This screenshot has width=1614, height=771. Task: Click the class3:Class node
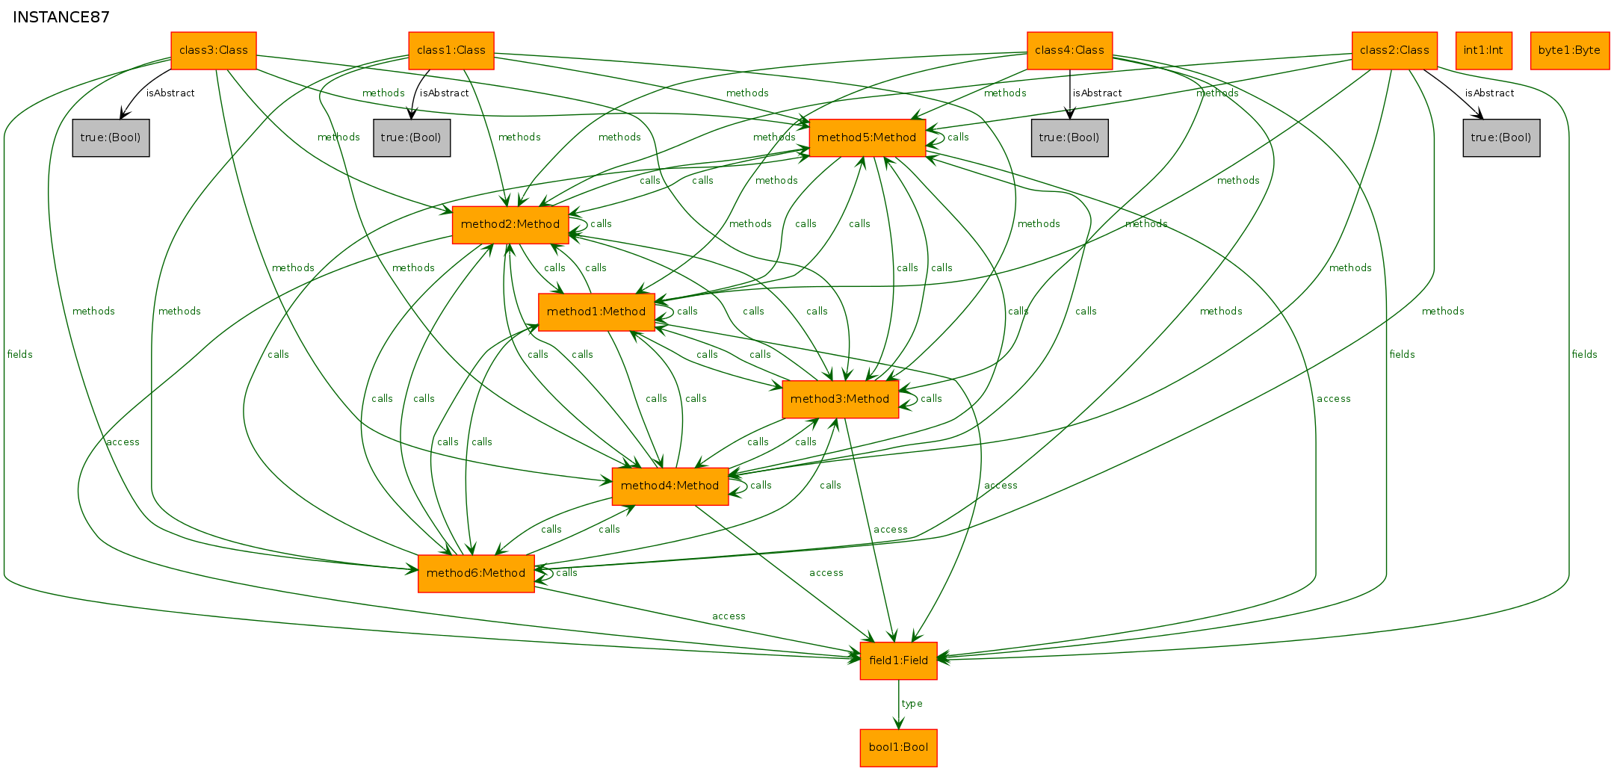pos(214,51)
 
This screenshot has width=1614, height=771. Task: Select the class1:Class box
pos(451,51)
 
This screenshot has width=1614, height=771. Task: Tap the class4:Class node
pos(1070,51)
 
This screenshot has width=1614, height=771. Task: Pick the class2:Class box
pos(1394,51)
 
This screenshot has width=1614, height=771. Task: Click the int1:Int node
pos(1484,51)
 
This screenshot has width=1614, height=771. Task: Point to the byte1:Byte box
pos(1570,51)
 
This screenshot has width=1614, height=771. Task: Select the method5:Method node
pos(867,138)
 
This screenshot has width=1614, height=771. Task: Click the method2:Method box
pos(510,225)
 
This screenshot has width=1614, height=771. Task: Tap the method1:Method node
pos(596,312)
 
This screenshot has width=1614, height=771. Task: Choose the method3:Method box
pos(840,400)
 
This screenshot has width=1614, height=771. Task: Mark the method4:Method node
pos(670,486)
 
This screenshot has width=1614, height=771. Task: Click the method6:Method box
pos(476,574)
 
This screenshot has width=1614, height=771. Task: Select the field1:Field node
pos(899,661)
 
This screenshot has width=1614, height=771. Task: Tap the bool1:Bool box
pos(899,748)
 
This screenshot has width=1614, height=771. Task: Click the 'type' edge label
pos(912,704)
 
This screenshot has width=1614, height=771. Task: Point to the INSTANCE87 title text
pos(61,17)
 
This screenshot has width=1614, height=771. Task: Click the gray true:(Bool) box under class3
pos(111,138)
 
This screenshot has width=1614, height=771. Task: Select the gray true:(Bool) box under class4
pos(1070,138)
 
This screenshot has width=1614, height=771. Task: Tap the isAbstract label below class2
pos(1489,93)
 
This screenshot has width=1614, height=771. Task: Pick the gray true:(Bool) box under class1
pos(412,138)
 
